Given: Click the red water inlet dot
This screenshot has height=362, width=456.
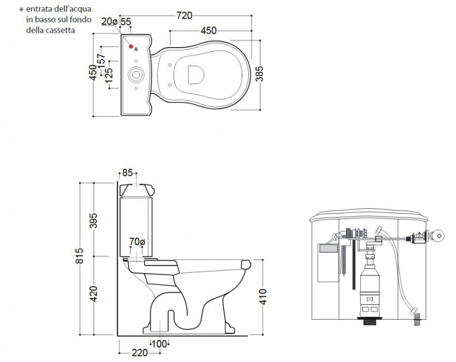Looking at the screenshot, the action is coord(131,46).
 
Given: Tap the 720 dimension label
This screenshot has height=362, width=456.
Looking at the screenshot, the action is coord(184,16).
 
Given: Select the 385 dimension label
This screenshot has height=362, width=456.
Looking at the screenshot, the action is coord(259,74).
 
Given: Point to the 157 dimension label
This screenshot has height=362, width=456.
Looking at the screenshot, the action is coord(101,61).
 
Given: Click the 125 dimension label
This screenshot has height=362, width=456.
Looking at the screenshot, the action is coord(109,75).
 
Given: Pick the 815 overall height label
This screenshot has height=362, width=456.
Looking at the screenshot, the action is coord(79,256).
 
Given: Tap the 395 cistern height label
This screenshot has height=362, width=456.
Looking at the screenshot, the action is coord(93,221).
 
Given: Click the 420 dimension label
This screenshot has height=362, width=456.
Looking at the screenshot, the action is coord(93,294).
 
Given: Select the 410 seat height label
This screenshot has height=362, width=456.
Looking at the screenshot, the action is coord(263,297).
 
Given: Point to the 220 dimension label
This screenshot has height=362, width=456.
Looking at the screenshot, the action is coord(140,353).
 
